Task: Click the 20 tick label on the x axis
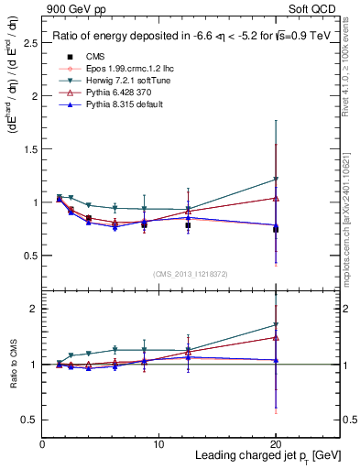pos(275,444)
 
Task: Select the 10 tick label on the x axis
pos(158,444)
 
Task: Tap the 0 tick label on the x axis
pos(43,444)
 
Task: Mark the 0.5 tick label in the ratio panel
pos(30,420)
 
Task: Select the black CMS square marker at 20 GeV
pos(275,229)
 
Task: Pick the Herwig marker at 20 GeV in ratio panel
pos(275,324)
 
